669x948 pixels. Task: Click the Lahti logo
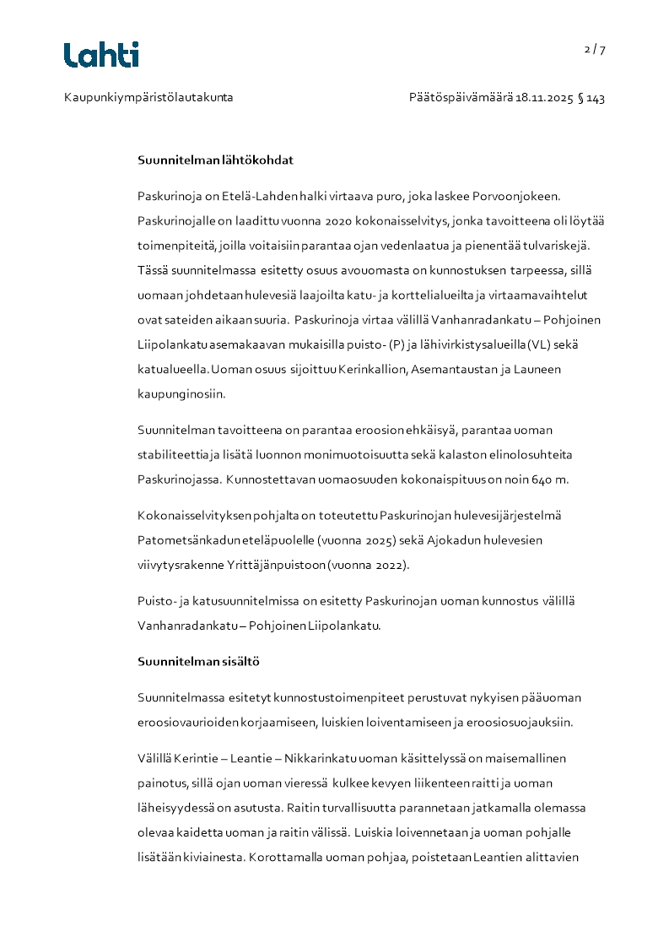tap(101, 55)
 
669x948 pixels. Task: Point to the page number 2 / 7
tap(595, 49)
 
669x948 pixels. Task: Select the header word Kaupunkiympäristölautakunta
tap(148, 98)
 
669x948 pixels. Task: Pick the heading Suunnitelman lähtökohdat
tap(215, 160)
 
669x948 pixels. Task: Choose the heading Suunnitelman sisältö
tap(198, 662)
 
